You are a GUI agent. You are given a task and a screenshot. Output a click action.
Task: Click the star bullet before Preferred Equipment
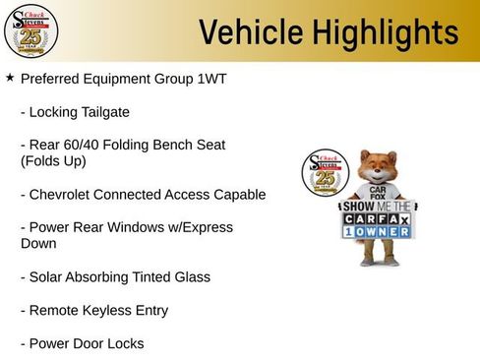pyautogui.click(x=10, y=77)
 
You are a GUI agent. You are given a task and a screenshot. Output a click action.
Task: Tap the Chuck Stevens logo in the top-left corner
pyautogui.click(x=30, y=30)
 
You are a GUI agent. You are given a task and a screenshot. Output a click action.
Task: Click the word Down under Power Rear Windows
pyautogui.click(x=38, y=243)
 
